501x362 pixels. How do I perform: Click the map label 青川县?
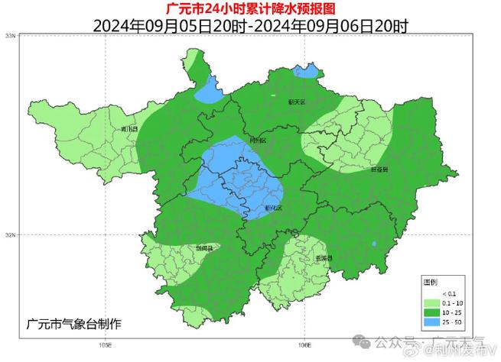pos(129,129)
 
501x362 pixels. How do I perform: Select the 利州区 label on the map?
pos(259,141)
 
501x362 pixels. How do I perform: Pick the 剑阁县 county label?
pos(205,248)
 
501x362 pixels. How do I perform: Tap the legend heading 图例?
pos(431,283)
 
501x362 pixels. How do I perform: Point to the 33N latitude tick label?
pos(9,36)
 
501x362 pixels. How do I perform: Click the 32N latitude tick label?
pos(9,234)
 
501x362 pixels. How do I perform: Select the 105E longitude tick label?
pos(106,344)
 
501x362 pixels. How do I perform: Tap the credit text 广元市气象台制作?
pos(73,323)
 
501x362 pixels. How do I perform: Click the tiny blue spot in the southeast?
pos(374,244)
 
